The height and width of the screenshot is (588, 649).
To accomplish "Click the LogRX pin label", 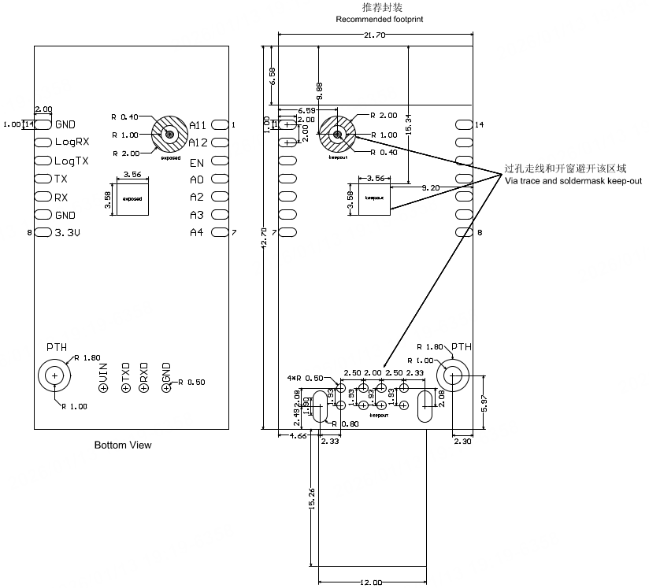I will pos(72,142).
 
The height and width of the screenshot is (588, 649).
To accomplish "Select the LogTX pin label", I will pos(72,161).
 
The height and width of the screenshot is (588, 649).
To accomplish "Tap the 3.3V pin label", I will pos(69,233).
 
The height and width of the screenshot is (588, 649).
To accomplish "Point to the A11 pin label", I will pos(198,125).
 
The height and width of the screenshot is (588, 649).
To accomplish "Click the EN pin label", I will pos(197,161).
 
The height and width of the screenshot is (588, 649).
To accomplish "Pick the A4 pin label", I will pos(197,233).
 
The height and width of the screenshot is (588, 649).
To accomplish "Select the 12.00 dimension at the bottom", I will pos(371,582).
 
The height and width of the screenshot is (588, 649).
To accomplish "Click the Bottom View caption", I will pos(123,446).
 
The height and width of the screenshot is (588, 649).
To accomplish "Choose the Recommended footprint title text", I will pos(379,19).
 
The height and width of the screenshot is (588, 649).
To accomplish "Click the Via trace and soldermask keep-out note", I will pos(573,181).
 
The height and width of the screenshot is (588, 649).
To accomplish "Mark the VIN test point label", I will pos(103,379).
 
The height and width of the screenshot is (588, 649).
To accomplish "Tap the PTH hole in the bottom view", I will pos(54,376).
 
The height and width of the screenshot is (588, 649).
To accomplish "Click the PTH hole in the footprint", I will pos(454,375).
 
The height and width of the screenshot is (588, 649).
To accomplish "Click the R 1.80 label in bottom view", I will pos(87,357).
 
